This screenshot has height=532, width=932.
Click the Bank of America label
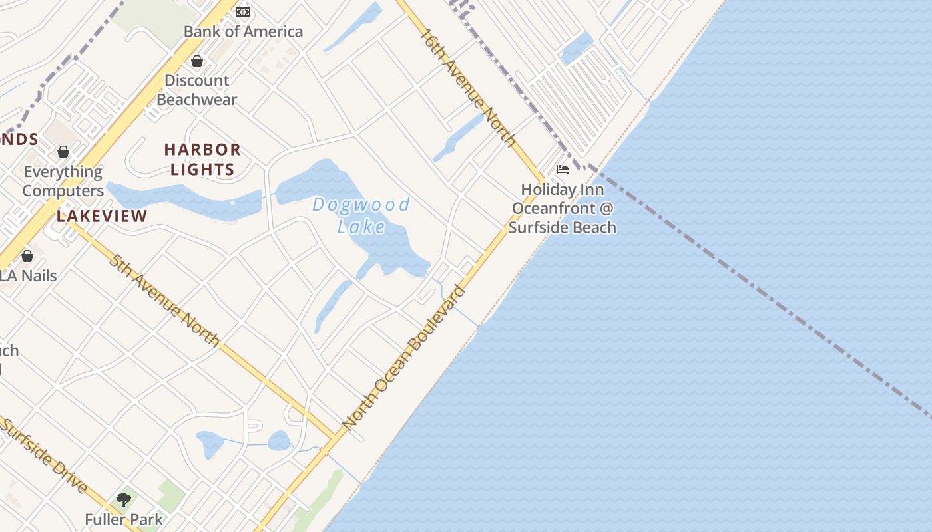(243, 31)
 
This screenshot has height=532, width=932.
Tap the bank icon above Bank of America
(243, 12)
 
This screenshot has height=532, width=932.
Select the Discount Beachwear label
(197, 90)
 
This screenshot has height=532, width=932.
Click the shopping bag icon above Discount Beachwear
(197, 62)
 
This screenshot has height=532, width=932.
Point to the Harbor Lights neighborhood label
(202, 159)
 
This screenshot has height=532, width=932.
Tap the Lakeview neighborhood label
(102, 216)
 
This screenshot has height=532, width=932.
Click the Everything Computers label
(63, 181)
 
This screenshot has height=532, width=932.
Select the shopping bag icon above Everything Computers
(63, 152)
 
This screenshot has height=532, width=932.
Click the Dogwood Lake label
(361, 215)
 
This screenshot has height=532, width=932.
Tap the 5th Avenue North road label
(164, 301)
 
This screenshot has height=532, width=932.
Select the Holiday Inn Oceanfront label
(563, 208)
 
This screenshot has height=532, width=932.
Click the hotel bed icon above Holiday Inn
(563, 170)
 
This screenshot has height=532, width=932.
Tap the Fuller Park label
(124, 519)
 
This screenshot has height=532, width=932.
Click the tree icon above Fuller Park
(124, 499)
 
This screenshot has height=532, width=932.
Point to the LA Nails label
(28, 275)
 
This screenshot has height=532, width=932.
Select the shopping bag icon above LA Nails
(27, 256)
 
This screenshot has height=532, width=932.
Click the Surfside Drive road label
(43, 456)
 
